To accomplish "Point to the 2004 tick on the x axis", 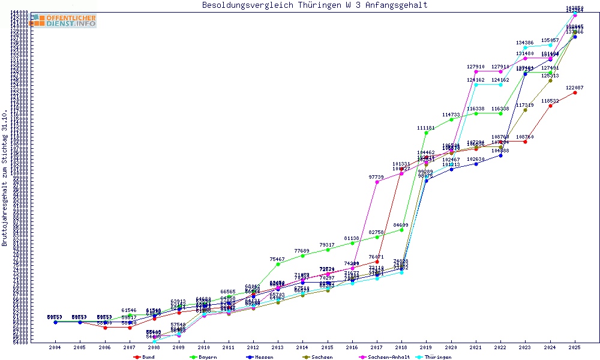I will coord(55,347).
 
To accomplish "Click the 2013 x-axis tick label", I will coord(278,347).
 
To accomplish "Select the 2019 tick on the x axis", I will coord(426,347).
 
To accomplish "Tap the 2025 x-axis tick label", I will coord(575,347).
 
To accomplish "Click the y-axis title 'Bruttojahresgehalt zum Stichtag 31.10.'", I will coord(5,178).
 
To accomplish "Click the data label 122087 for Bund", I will coord(575,88).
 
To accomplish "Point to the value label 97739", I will coord(377,177).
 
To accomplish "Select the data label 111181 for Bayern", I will coord(426,128).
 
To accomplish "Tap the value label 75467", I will coord(278,259).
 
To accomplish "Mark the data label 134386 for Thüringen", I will coord(525,43).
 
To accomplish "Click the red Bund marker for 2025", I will coord(575,92).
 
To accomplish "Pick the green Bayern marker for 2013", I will coord(278,264).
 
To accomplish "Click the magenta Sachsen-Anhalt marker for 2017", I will coord(377,182).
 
